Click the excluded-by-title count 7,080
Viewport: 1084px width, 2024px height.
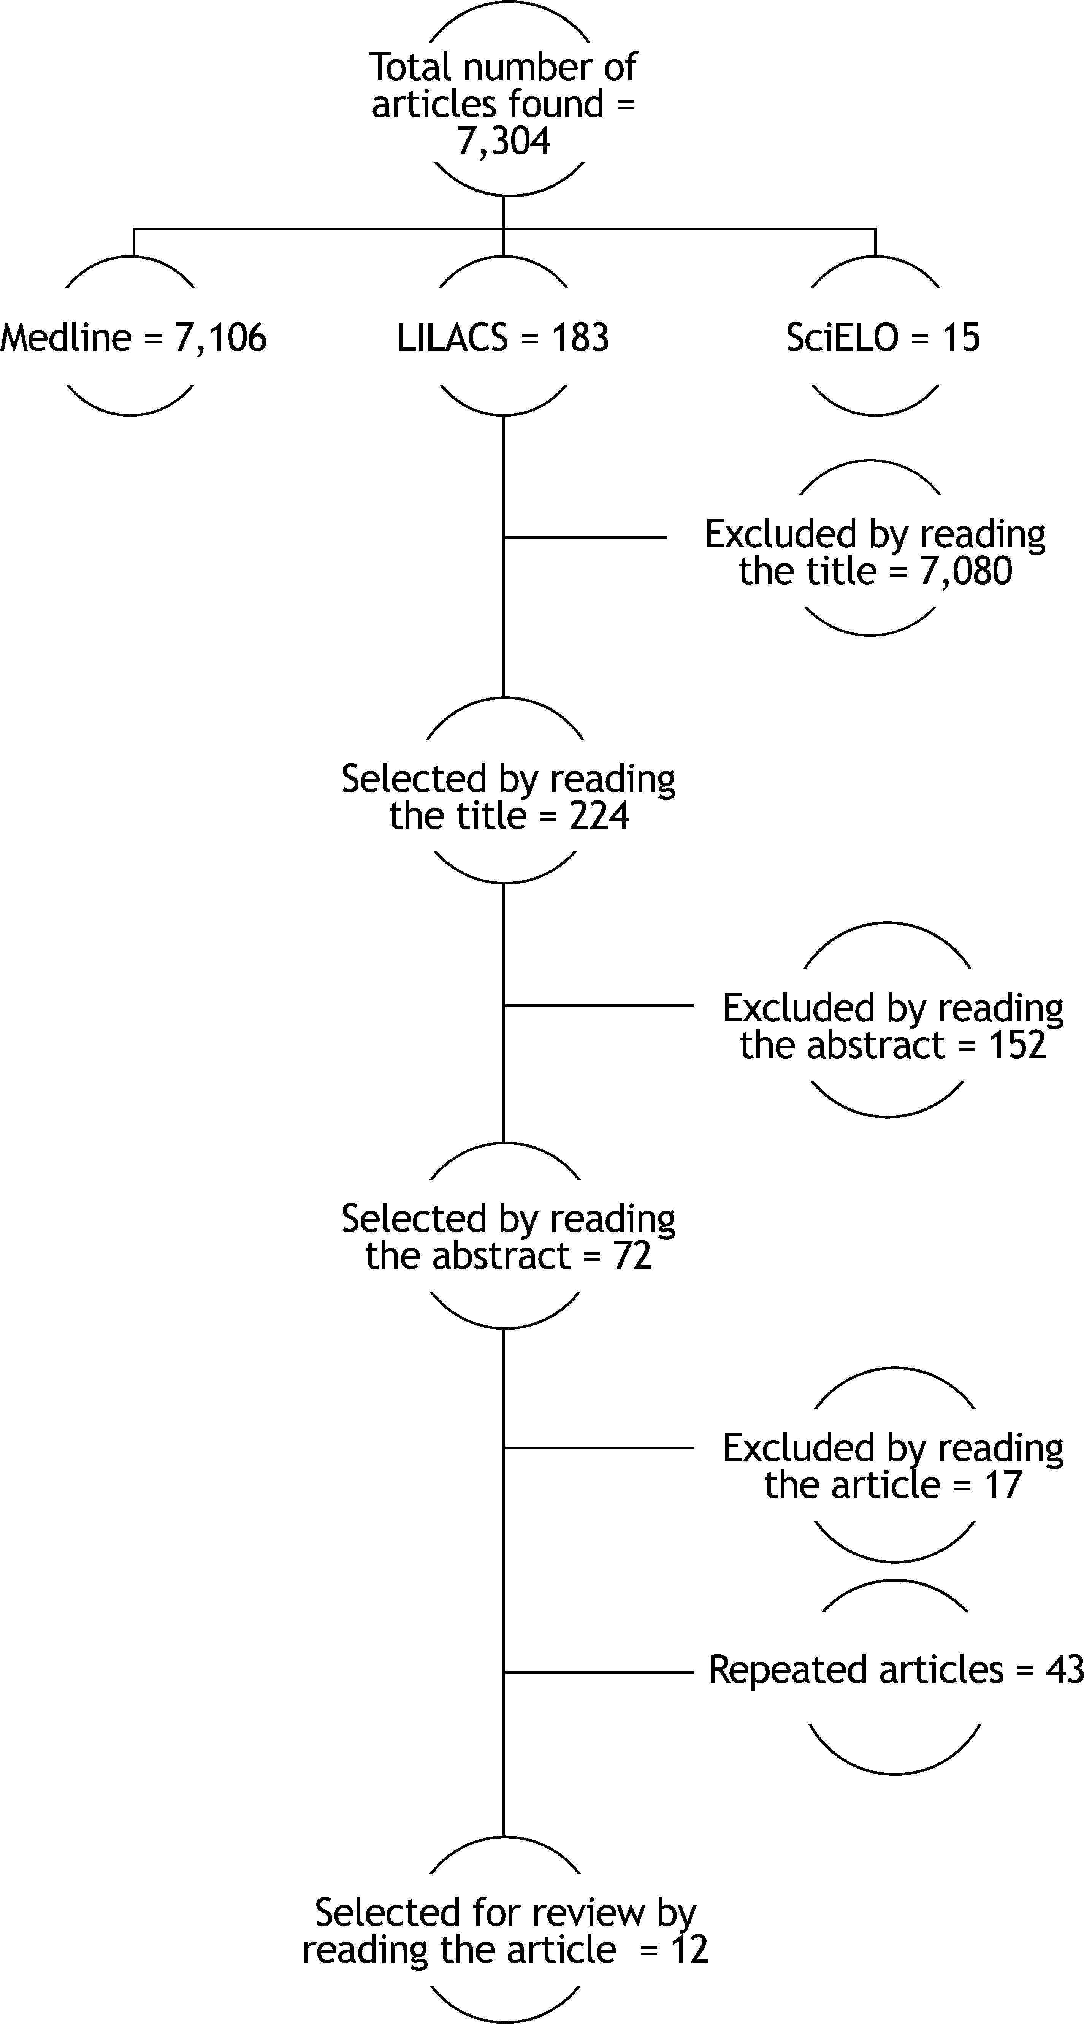(x=965, y=571)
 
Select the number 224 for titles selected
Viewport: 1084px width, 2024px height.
(x=599, y=816)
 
